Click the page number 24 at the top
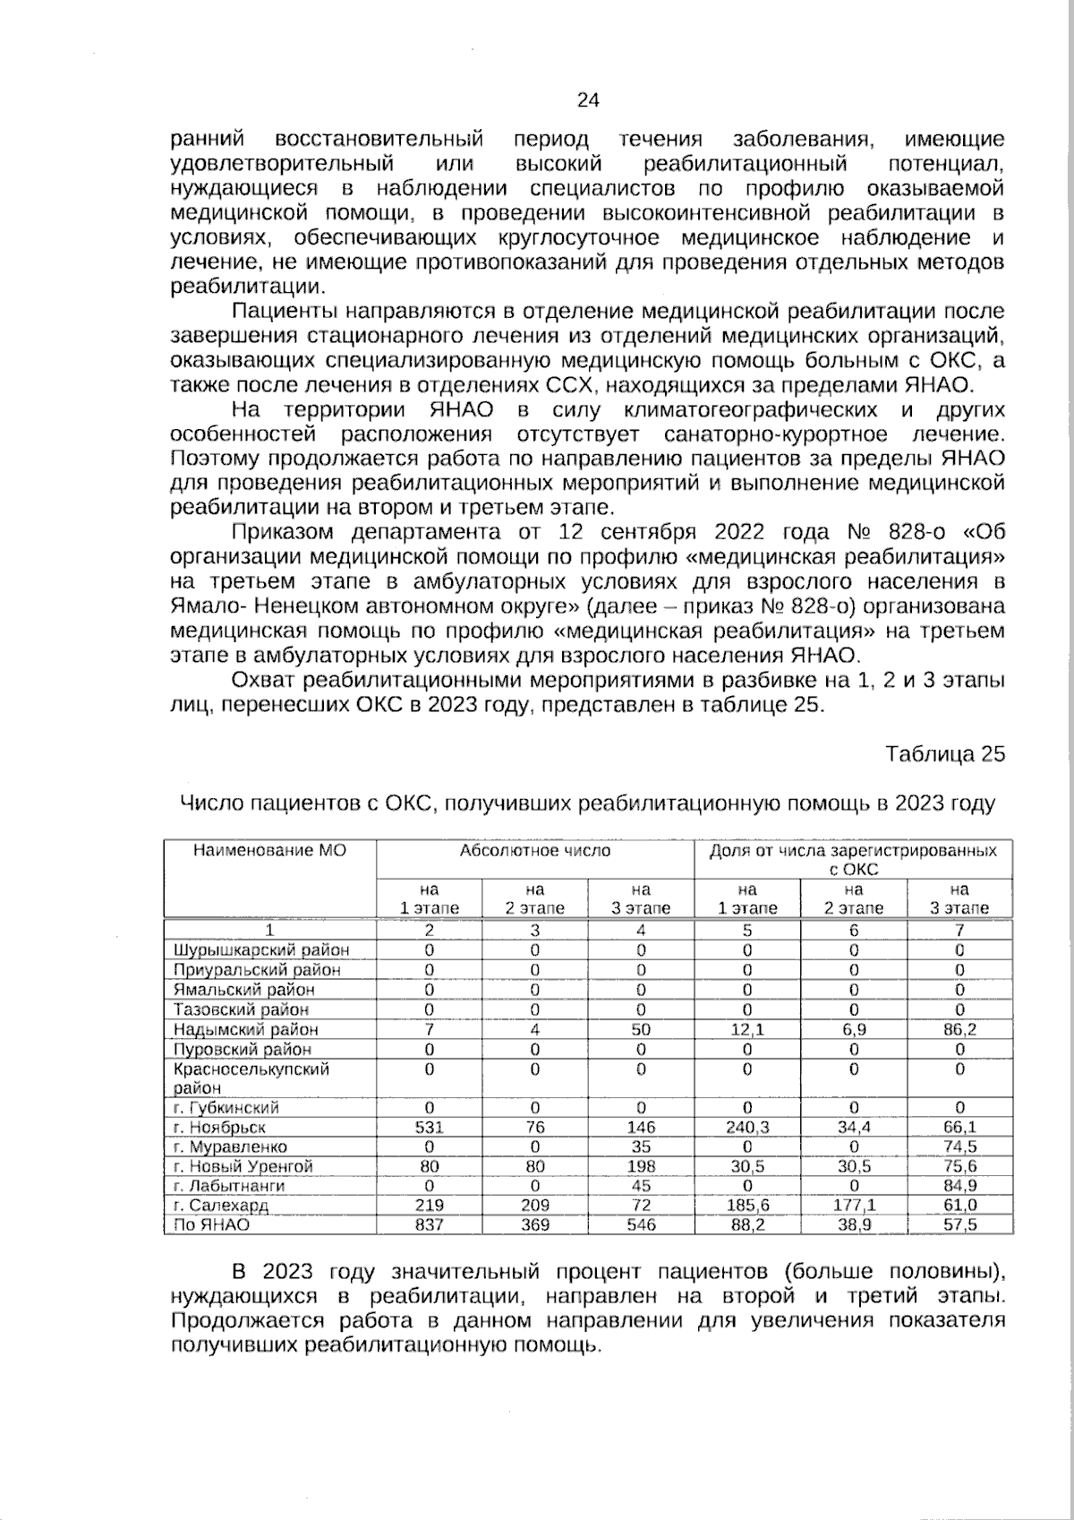587,100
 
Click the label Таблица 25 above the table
945,754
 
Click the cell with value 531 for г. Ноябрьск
429,1128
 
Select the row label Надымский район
245,1030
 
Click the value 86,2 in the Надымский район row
959,1030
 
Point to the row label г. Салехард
221,1206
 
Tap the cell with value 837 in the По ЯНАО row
429,1224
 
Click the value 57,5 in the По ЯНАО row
959,1224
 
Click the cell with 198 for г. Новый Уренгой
641,1166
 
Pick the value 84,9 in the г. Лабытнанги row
959,1186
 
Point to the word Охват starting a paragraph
261,681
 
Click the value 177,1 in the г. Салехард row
853,1206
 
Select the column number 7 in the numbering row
959,930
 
